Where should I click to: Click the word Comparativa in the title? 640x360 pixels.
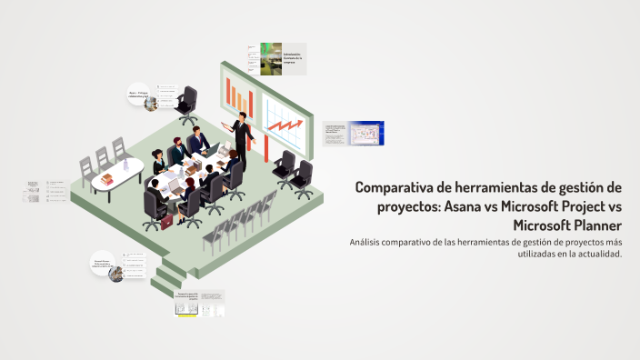(x=395, y=187)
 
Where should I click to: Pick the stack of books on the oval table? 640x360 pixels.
(x=106, y=179)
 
